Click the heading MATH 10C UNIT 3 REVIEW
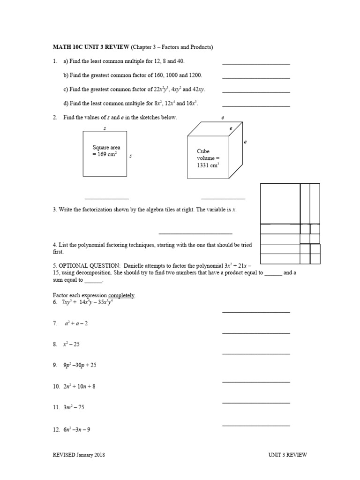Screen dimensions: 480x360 click(x=90, y=47)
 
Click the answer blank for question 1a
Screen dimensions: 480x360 click(x=255, y=63)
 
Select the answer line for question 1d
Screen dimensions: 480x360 click(x=255, y=105)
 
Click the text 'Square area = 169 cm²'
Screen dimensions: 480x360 click(x=105, y=151)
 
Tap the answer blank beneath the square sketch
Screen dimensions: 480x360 click(x=106, y=198)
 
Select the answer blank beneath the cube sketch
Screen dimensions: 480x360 click(x=223, y=198)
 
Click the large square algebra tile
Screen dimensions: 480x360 click(x=280, y=203)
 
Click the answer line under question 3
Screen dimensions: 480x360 click(x=195, y=233)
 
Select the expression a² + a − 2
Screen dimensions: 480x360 click(x=76, y=323)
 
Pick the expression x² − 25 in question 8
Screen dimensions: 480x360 click(x=72, y=344)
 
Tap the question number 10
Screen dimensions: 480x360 click(x=56, y=387)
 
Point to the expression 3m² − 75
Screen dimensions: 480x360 click(x=74, y=407)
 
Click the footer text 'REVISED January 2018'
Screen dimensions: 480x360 click(x=79, y=455)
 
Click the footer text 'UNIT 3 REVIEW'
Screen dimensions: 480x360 click(x=287, y=455)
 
